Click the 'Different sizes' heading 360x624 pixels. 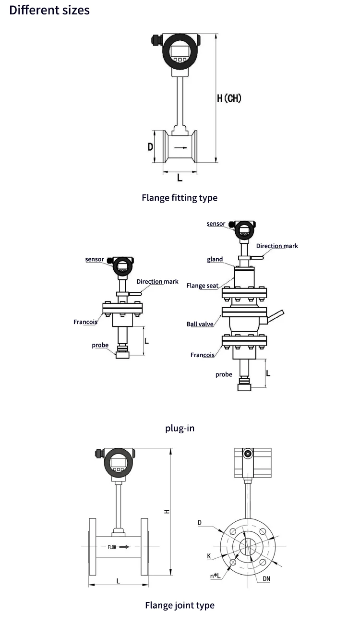point(49,10)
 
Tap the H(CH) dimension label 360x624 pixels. point(229,98)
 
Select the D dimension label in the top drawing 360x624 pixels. point(150,147)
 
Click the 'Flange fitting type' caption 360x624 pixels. point(180,198)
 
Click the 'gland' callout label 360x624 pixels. point(215,259)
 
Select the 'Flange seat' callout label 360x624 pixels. point(202,286)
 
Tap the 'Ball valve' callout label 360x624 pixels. point(200,324)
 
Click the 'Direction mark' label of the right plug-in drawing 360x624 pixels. point(277,246)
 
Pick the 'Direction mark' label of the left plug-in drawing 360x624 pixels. point(157,282)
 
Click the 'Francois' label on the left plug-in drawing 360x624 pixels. point(85,322)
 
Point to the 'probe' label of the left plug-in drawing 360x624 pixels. point(100,345)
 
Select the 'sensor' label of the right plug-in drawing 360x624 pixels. point(216,224)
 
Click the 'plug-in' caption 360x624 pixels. point(180,428)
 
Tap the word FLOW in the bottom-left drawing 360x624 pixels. point(112,547)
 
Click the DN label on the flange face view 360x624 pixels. point(266,579)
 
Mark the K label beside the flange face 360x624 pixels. point(209,556)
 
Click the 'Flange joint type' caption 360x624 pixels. point(180,605)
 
